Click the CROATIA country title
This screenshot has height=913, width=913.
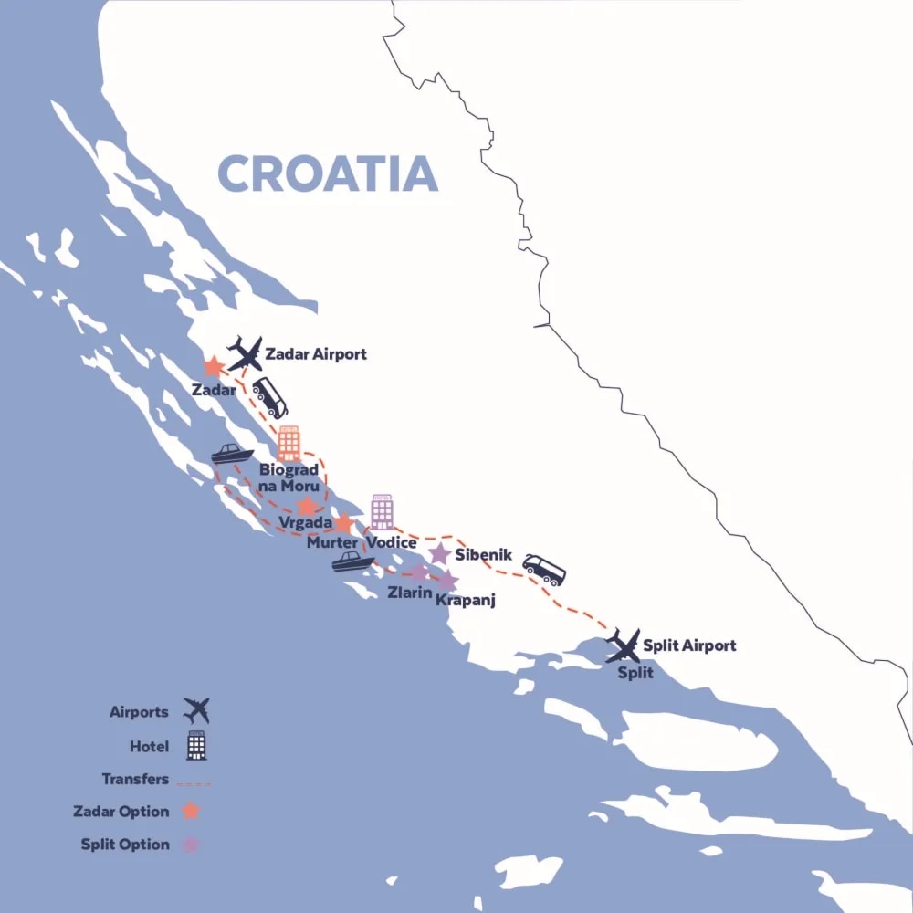click(328, 173)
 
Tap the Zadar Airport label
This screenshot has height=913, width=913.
click(315, 353)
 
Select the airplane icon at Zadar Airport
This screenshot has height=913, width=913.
click(245, 352)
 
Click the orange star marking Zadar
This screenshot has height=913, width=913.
click(213, 367)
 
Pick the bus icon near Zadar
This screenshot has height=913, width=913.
click(269, 397)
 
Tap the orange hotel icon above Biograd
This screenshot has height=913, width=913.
click(289, 443)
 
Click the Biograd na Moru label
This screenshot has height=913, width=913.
click(289, 478)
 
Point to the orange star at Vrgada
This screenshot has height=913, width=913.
click(308, 506)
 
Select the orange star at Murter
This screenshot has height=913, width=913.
click(342, 523)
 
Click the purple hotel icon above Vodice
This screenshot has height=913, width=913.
click(382, 512)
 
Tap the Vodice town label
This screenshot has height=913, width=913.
click(392, 542)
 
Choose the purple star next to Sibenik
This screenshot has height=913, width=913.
click(439, 554)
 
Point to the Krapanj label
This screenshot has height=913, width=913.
click(465, 600)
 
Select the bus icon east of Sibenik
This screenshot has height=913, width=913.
click(544, 570)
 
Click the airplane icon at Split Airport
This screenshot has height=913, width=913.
click(624, 645)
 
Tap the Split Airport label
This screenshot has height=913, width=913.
click(688, 645)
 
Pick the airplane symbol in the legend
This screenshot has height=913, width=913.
click(196, 709)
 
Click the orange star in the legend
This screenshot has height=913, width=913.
click(191, 811)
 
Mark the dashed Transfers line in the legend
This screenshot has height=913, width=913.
click(193, 783)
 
